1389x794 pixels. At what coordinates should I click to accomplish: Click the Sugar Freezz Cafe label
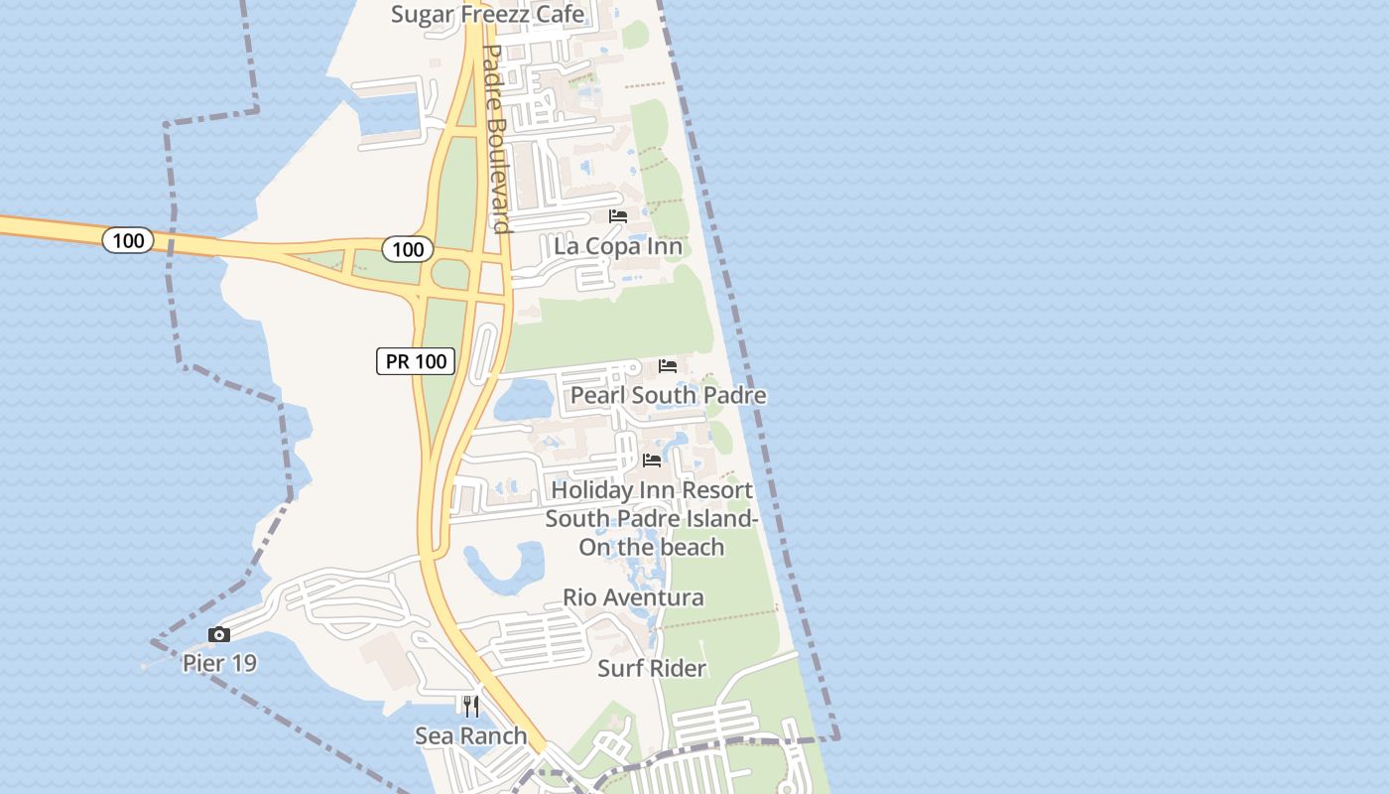(487, 14)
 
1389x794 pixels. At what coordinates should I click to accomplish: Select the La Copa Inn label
(617, 246)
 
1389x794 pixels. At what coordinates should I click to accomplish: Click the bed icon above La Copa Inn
(618, 216)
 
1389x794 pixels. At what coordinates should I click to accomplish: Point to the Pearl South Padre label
(668, 395)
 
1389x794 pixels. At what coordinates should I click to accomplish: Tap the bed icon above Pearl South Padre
(668, 365)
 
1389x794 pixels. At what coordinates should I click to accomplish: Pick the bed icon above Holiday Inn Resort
(652, 460)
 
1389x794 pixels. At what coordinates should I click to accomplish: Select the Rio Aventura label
(633, 597)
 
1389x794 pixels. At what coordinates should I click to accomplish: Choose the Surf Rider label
(651, 668)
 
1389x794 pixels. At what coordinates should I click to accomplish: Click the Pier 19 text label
(219, 662)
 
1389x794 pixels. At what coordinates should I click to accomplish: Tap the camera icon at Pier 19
(219, 634)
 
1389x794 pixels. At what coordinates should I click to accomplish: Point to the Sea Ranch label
(470, 735)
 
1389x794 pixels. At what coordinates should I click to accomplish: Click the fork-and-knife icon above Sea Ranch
(470, 707)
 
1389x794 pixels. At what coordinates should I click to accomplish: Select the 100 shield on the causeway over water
(128, 239)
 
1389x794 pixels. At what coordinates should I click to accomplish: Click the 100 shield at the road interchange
(408, 249)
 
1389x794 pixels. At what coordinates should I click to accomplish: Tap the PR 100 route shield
(416, 361)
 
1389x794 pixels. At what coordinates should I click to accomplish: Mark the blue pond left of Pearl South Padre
(524, 401)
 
